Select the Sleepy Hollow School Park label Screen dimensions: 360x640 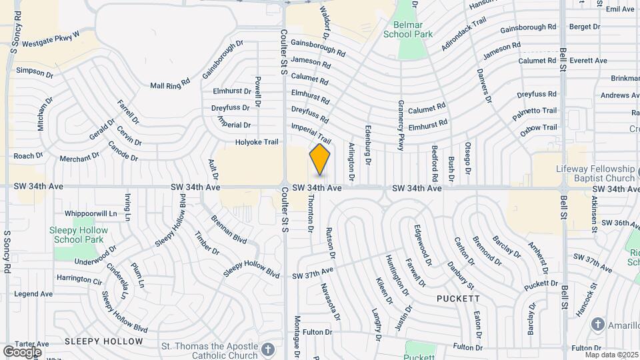pos(79,234)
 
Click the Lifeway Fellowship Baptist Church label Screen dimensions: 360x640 pos(595,173)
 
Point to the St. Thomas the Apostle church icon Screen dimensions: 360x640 pos(267,349)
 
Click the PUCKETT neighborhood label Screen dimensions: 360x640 pos(459,299)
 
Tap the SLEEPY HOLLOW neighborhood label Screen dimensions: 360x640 pos(104,341)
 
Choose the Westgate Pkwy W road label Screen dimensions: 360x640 pos(51,39)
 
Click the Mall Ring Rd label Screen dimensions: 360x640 pos(170,85)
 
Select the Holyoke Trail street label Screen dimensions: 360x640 pos(256,142)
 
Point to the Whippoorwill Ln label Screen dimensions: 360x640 pos(91,213)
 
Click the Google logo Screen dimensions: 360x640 pos(22,351)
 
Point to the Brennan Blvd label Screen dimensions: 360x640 pos(229,231)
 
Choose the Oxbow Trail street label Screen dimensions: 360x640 pos(538,127)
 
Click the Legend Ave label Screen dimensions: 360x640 pos(33,293)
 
